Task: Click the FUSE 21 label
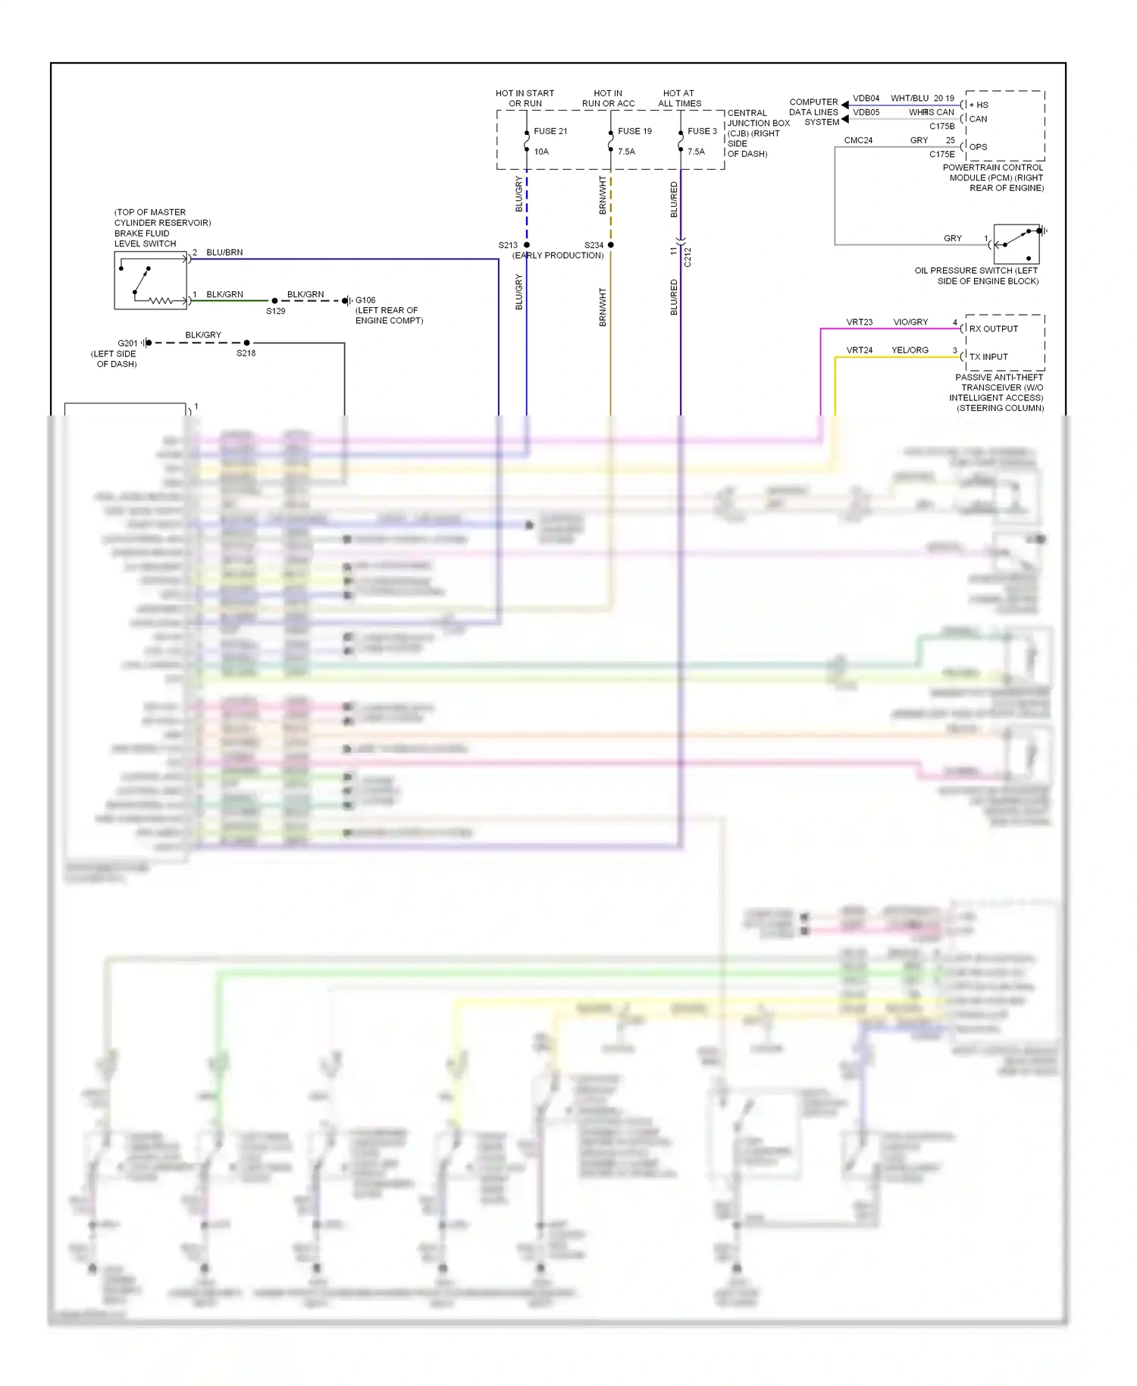click(x=550, y=131)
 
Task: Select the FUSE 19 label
click(x=634, y=131)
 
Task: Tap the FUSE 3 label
click(x=702, y=131)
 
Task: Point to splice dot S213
click(x=527, y=245)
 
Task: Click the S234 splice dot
click(x=611, y=245)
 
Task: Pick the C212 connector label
click(x=688, y=257)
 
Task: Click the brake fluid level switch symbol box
click(x=150, y=281)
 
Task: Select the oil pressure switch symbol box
click(x=1016, y=243)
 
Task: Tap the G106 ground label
click(x=365, y=300)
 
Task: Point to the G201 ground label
click(x=127, y=343)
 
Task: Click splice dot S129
click(x=274, y=301)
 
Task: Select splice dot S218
click(x=247, y=343)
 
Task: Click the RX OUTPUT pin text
click(x=994, y=329)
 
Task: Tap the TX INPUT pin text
click(x=988, y=356)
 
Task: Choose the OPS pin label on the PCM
click(x=979, y=147)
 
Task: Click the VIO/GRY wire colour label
click(x=910, y=322)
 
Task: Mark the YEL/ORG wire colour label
click(x=910, y=350)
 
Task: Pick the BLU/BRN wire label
click(x=224, y=252)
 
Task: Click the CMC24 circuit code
click(x=858, y=140)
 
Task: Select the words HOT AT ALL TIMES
click(x=679, y=99)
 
